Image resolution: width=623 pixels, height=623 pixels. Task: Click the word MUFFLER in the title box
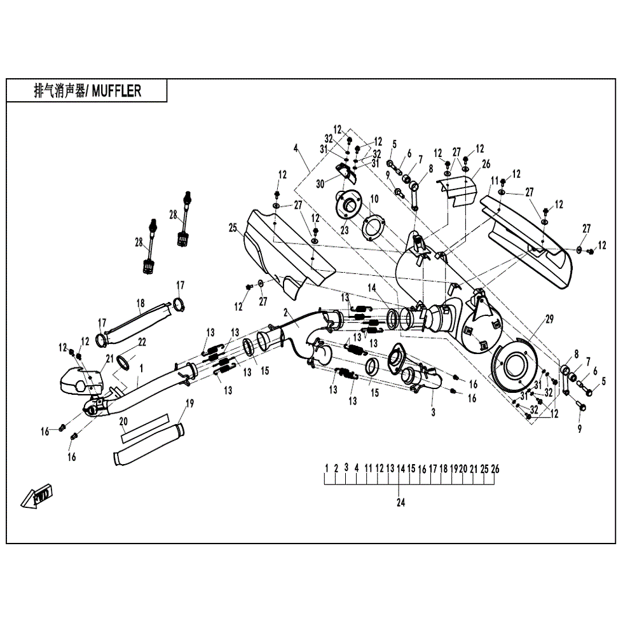pyautogui.click(x=116, y=91)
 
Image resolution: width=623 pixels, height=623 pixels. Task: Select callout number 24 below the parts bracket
pyautogui.click(x=400, y=502)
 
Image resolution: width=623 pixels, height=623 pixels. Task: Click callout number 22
pyautogui.click(x=142, y=342)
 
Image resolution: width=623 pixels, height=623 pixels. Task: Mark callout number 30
pyautogui.click(x=320, y=182)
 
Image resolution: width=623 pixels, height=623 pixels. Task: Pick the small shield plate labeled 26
pyautogui.click(x=458, y=189)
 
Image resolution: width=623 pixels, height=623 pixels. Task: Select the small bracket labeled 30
pyautogui.click(x=345, y=170)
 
